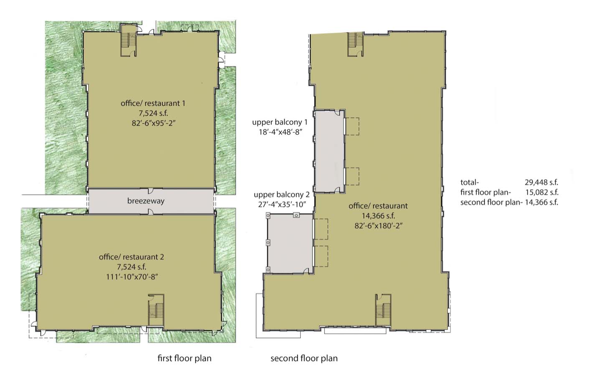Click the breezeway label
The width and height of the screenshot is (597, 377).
(x=146, y=201)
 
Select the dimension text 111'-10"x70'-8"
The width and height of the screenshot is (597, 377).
(x=131, y=277)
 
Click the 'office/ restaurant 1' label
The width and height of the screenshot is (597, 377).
(x=152, y=103)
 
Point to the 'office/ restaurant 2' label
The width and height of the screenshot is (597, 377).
(x=131, y=257)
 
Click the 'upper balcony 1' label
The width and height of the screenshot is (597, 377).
(x=279, y=122)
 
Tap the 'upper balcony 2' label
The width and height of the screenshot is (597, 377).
(x=281, y=195)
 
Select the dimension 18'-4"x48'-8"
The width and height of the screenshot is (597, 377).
(x=279, y=132)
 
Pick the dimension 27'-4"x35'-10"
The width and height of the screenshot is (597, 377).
(x=281, y=204)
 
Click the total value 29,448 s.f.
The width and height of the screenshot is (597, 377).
(x=541, y=182)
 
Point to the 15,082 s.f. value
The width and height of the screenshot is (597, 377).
(x=541, y=192)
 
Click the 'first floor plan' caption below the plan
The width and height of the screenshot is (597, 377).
(x=184, y=359)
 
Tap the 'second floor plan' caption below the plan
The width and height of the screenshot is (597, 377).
(x=304, y=359)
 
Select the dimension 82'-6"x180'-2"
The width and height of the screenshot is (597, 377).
(x=378, y=225)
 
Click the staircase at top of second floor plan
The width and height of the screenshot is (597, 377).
(x=356, y=43)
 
